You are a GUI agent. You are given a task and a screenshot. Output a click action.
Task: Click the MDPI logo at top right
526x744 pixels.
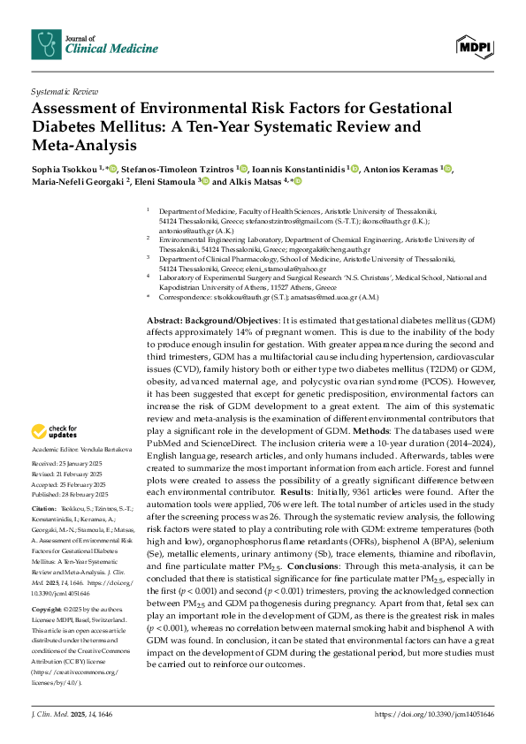pos(473,44)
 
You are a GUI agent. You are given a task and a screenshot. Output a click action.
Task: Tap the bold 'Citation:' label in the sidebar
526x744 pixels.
pos(43,510)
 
